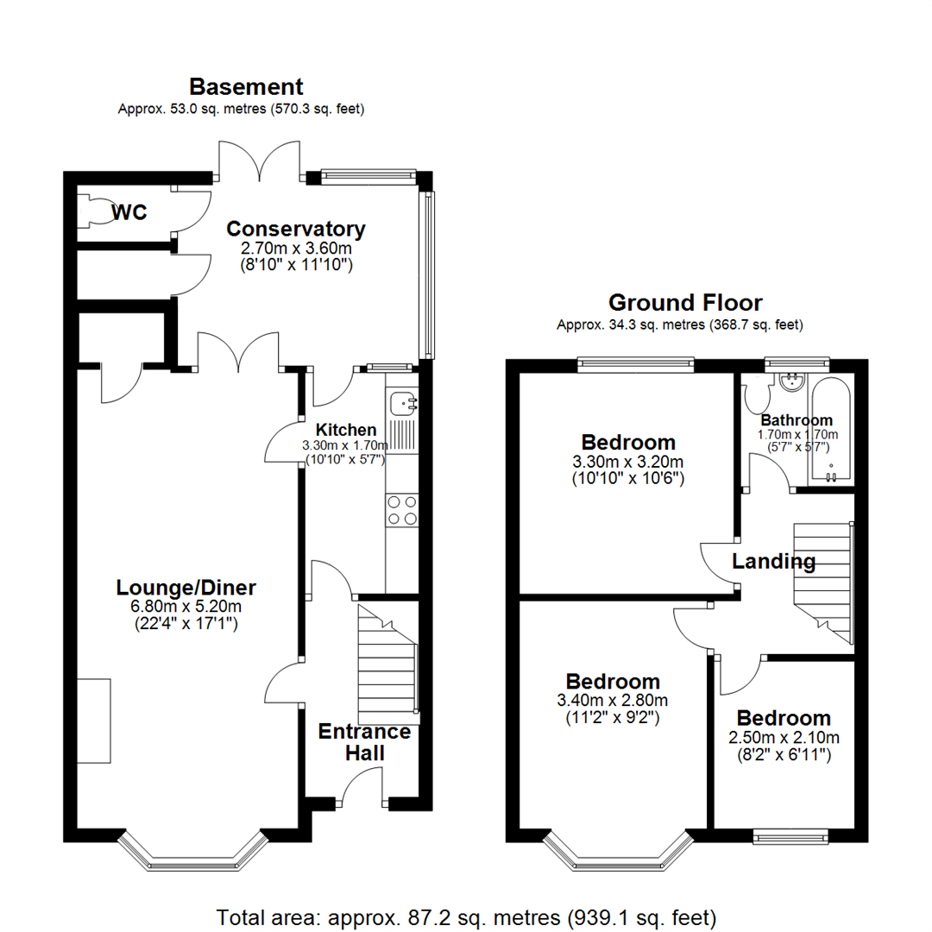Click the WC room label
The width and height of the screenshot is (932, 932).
click(x=129, y=211)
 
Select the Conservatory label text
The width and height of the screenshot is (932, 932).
click(x=296, y=230)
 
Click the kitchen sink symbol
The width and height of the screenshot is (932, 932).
click(x=403, y=402)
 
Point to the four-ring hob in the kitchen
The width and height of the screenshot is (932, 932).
click(x=401, y=509)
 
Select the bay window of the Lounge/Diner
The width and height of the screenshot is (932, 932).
click(x=189, y=854)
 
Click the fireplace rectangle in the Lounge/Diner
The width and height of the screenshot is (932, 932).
click(x=93, y=721)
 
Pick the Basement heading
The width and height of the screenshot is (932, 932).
click(x=246, y=86)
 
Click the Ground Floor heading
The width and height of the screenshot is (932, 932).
click(x=685, y=303)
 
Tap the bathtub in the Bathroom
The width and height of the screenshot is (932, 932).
click(x=830, y=431)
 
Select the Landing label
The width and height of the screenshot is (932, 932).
click(x=773, y=562)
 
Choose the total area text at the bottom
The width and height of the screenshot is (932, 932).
click(x=466, y=916)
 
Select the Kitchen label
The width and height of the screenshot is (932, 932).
click(x=345, y=430)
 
